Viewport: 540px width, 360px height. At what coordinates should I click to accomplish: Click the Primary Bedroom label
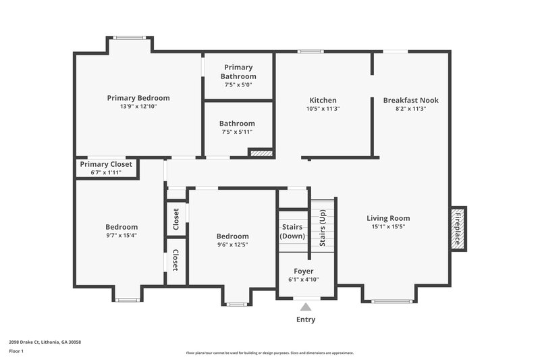tap(138, 98)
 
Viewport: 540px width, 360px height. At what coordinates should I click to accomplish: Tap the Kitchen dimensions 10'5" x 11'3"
tap(323, 109)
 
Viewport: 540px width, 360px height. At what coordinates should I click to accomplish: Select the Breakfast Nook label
tap(410, 100)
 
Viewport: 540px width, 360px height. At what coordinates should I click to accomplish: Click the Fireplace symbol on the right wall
tap(458, 228)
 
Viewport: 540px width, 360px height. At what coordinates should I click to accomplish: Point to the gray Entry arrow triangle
tap(306, 307)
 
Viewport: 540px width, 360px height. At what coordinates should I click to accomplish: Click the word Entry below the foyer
tap(306, 319)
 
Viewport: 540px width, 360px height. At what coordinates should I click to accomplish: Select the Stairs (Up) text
tap(322, 228)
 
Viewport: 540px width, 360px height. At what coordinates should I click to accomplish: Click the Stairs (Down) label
tap(292, 232)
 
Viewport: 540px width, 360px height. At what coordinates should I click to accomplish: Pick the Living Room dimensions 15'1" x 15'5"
tap(388, 227)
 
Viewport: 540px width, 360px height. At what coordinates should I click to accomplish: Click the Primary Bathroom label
tap(238, 72)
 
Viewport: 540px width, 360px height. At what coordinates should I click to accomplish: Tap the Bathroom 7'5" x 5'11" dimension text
tap(237, 133)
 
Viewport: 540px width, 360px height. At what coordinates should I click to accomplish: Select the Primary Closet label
tap(106, 164)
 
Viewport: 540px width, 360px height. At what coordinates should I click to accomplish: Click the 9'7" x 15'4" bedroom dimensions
tap(122, 236)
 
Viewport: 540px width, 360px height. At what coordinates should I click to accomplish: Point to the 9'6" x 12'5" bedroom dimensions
tap(232, 245)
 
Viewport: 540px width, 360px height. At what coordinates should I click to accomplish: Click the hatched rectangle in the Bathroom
tap(261, 153)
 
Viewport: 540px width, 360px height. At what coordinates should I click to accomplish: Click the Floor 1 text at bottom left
tap(16, 352)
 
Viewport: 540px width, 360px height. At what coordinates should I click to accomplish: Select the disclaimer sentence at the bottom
tap(270, 353)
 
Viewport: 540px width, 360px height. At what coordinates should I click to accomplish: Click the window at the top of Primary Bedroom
tap(129, 38)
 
